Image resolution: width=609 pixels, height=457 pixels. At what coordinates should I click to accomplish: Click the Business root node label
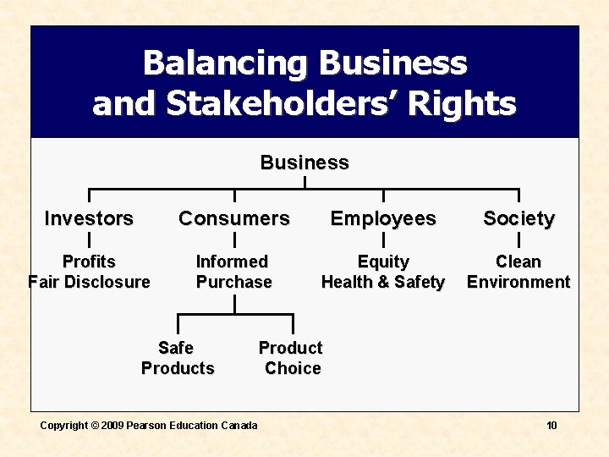[304, 162]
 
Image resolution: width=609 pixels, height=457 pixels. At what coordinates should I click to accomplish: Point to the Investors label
[89, 218]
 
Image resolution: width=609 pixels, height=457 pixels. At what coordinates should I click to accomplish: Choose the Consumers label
[234, 218]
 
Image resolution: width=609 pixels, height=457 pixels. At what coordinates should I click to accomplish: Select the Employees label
[383, 218]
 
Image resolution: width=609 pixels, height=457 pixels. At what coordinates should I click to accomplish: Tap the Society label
[518, 218]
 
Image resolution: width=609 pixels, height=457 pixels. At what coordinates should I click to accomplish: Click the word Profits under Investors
[89, 262]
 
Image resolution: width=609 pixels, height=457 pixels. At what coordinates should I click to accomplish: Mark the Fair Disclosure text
[89, 282]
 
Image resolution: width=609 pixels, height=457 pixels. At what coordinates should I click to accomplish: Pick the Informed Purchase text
[234, 272]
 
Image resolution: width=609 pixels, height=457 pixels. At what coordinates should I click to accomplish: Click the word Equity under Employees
[383, 262]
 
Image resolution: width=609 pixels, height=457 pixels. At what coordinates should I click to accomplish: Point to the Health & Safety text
[383, 282]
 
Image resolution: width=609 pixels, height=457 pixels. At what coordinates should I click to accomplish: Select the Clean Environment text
[518, 272]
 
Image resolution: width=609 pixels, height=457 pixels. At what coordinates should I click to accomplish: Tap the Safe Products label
[178, 358]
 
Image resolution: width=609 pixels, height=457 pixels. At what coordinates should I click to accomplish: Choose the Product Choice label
[291, 358]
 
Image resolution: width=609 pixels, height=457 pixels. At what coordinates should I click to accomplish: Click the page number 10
[551, 425]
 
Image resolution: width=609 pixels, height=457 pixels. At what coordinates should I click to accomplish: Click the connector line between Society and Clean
[518, 240]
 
